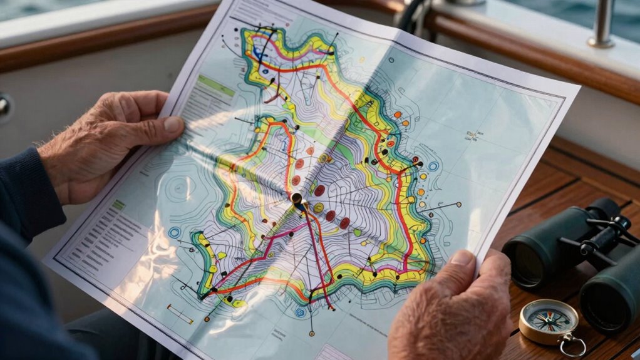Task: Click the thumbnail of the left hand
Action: pyautogui.click(x=173, y=125)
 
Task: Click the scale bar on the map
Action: pyautogui.click(x=180, y=314)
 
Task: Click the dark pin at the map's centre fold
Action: pyautogui.click(x=297, y=199)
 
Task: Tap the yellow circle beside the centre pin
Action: pyautogui.click(x=318, y=207)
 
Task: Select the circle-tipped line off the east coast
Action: pyautogui.click(x=458, y=204)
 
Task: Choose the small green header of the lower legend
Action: pyautogui.click(x=118, y=205)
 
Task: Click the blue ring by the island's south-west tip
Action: pyautogui.click(x=174, y=232)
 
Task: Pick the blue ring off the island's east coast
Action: pyautogui.click(x=433, y=167)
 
